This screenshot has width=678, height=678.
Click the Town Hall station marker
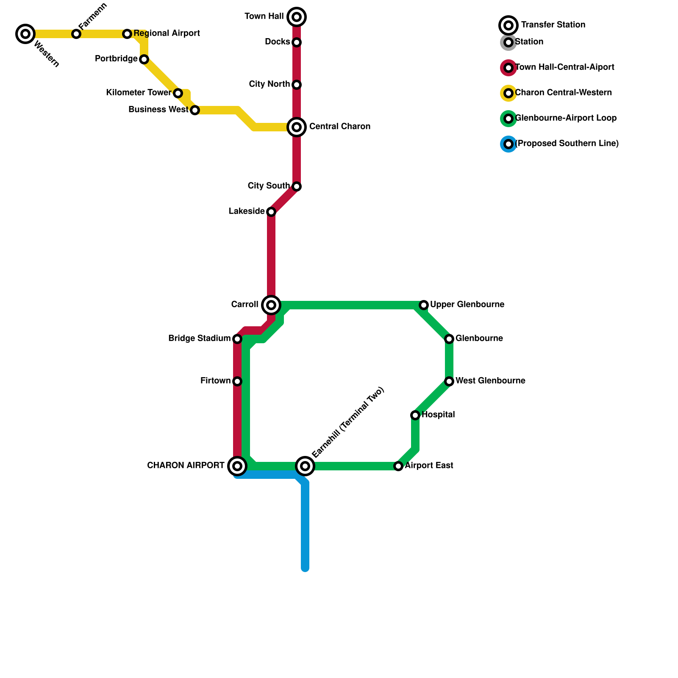[x=297, y=17]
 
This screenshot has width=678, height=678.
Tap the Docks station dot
[x=297, y=42]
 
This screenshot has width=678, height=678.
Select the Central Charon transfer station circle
[x=297, y=127]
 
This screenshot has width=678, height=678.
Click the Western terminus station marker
[x=25, y=33]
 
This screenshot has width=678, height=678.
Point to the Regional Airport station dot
[x=127, y=33]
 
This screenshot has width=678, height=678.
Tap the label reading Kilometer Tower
[x=139, y=93]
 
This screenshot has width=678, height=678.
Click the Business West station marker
[x=195, y=110]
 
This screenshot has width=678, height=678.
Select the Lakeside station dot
[x=271, y=212]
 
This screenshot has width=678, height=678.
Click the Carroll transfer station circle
[x=271, y=305]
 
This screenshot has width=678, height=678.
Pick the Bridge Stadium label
[x=199, y=339]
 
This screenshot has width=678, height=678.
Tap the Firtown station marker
[x=237, y=381]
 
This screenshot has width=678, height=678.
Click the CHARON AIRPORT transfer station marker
[x=237, y=466]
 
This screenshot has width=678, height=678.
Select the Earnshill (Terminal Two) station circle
[x=305, y=466]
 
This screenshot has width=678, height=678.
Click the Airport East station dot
[x=398, y=466]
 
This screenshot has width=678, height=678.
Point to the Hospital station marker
[x=415, y=415]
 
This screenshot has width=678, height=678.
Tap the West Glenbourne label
[x=490, y=381]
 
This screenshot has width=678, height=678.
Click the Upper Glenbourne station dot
[x=424, y=305]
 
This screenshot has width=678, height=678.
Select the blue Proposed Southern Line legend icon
[x=508, y=144]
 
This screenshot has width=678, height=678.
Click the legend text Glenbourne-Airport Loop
[x=566, y=118]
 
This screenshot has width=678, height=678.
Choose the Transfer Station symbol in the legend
[x=508, y=25]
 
